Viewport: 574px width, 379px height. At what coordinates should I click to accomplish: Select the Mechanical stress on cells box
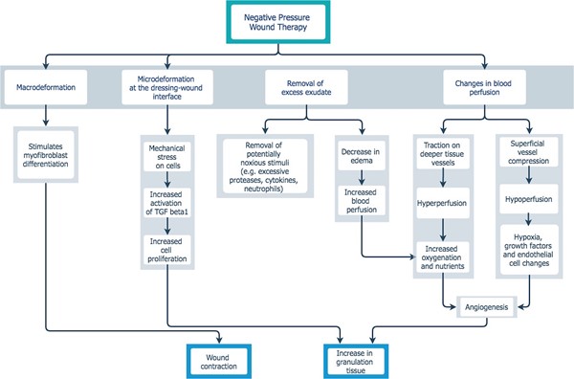coord(167,156)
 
